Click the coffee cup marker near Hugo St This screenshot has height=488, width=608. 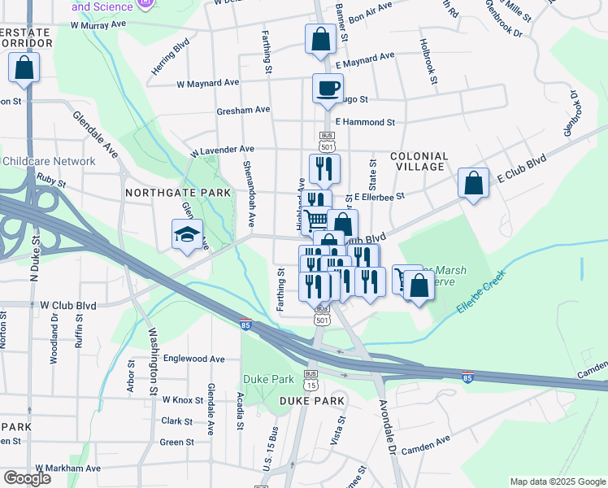pyautogui.click(x=328, y=88)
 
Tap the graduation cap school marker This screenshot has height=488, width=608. pyautogui.click(x=186, y=234)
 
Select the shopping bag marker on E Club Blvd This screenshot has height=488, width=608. pyautogui.click(x=473, y=183)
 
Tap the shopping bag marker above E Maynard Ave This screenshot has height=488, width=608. pyautogui.click(x=321, y=38)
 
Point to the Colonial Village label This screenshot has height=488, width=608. pyautogui.click(x=419, y=161)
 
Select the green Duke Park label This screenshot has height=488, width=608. pyautogui.click(x=267, y=379)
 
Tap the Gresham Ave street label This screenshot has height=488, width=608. pyautogui.click(x=243, y=109)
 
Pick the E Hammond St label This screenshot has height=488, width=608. pyautogui.click(x=365, y=122)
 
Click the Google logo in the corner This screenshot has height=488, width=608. pyautogui.click(x=27, y=478)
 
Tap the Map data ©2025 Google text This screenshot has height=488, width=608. pyautogui.click(x=557, y=481)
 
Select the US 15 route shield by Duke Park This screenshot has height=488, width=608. pyautogui.click(x=311, y=384)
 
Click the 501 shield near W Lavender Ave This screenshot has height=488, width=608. pyautogui.click(x=327, y=143)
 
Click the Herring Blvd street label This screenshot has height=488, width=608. pyautogui.click(x=170, y=57)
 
